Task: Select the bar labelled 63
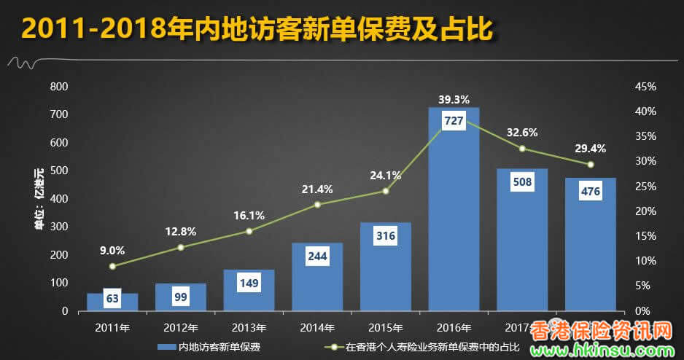[112, 302]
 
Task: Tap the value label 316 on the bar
[386, 235]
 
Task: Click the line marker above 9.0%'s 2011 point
[112, 266]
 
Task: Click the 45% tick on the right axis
[646, 87]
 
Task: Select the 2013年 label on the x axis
[249, 327]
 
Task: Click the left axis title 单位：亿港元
[39, 199]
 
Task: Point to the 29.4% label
[590, 148]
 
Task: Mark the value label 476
[590, 192]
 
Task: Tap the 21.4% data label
[317, 189]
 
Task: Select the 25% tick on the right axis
[646, 187]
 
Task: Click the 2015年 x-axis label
[386, 327]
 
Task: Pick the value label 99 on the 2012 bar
[181, 297]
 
